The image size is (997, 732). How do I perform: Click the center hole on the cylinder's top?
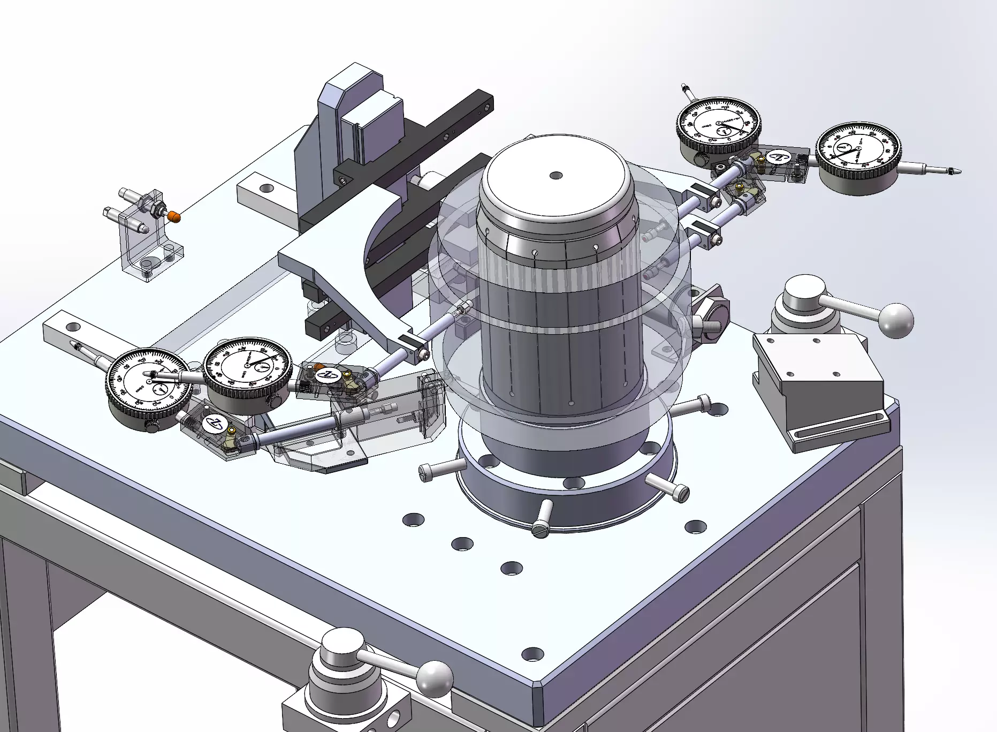pos(556,175)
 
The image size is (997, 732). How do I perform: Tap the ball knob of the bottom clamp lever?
pos(436,678)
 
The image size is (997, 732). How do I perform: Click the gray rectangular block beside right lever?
pos(819,383)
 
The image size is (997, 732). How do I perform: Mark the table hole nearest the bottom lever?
pos(532,654)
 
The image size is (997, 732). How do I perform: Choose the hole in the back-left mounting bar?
pos(265,188)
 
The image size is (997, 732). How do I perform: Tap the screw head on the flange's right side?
pos(681,492)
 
